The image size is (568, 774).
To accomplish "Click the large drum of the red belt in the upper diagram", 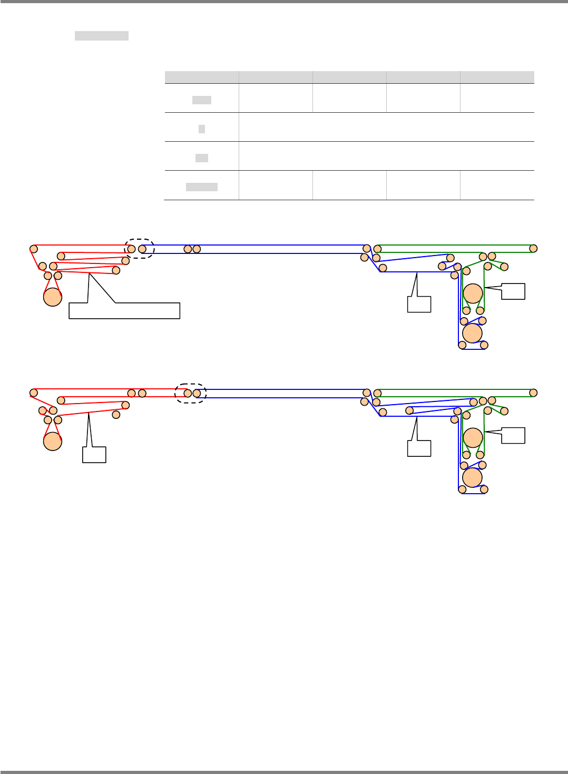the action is [53, 297].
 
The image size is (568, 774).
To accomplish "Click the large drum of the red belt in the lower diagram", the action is [53, 441].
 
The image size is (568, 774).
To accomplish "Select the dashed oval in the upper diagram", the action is [139, 248].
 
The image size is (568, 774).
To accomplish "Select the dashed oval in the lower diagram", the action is [190, 393].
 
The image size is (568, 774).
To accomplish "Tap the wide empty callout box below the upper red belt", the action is [124, 311].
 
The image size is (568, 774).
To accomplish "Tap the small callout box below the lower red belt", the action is [94, 455].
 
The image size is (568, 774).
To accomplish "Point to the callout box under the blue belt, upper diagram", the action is [419, 304].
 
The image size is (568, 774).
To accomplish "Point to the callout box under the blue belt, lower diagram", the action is [419, 448].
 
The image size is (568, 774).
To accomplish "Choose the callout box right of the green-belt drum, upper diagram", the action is [513, 291].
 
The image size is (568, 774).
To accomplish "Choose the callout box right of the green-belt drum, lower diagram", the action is [513, 436].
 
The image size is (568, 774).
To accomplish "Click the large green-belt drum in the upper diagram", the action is [473, 293].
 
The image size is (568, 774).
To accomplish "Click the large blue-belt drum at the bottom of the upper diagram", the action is [472, 333].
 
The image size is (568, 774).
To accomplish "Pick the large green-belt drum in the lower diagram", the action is [473, 438].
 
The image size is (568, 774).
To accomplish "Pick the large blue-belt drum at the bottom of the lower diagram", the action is [472, 477].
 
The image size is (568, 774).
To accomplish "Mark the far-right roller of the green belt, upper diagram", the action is [533, 248].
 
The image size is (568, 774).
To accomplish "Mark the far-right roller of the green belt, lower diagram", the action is [533, 393].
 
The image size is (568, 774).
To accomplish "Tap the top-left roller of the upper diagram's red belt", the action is [34, 248].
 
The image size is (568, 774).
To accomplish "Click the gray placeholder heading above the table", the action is [102, 36].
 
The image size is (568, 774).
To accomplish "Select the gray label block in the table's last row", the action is [202, 187].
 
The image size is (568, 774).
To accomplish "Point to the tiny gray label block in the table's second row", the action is [202, 129].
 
